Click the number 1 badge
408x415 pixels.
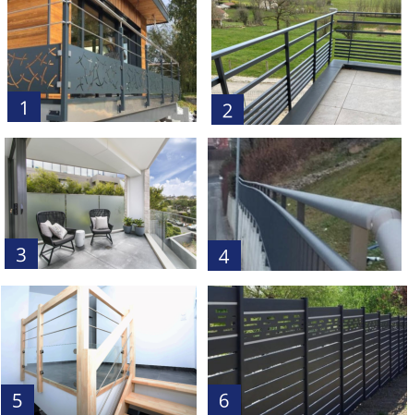(x=24, y=106)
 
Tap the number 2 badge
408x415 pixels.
(x=227, y=109)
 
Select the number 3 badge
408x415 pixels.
(x=21, y=253)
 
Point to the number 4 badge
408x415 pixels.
(x=224, y=255)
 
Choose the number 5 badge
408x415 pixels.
(x=18, y=399)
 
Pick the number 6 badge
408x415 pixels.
(x=224, y=399)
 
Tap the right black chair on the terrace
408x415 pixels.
(x=101, y=226)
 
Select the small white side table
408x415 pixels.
(x=80, y=238)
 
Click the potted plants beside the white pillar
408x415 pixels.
(x=134, y=226)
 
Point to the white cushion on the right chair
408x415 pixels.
(x=102, y=223)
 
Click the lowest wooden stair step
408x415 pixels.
(x=160, y=404)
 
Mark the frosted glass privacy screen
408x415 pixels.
(x=76, y=211)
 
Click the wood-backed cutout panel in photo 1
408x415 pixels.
(x=33, y=69)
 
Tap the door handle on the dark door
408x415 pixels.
(x=15, y=209)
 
